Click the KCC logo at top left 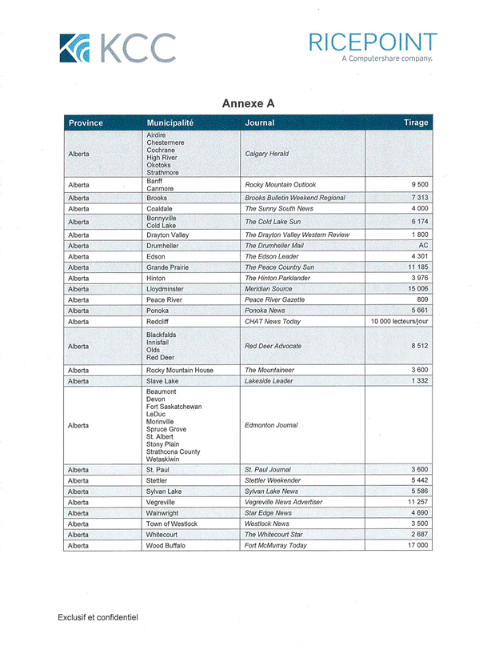point(118,48)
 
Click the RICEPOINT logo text point(373,42)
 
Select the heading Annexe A point(248,104)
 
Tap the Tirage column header point(416,122)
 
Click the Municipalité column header point(170,122)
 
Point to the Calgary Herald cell point(267,154)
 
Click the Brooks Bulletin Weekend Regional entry point(295,197)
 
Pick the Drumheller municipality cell point(164,246)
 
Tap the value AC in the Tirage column point(424,246)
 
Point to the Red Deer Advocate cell point(273,346)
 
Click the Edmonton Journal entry point(272,425)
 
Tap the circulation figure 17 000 point(417,545)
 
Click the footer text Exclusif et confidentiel point(98,617)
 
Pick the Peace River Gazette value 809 point(422,299)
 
